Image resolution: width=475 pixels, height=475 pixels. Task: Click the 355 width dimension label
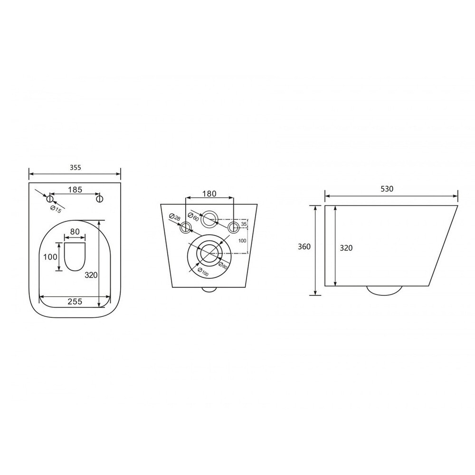(76, 168)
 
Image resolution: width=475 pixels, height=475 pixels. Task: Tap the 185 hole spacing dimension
(75, 190)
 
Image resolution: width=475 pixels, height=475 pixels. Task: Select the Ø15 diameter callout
(56, 209)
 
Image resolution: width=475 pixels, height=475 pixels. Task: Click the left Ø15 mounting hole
(50, 199)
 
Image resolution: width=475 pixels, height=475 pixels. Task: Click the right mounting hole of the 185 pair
(99, 199)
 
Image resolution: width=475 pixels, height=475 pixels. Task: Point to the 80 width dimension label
(75, 231)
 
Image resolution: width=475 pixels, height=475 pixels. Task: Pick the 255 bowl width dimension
(75, 302)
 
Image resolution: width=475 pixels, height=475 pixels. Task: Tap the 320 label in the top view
(91, 275)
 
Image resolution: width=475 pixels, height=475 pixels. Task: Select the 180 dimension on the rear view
(209, 194)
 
